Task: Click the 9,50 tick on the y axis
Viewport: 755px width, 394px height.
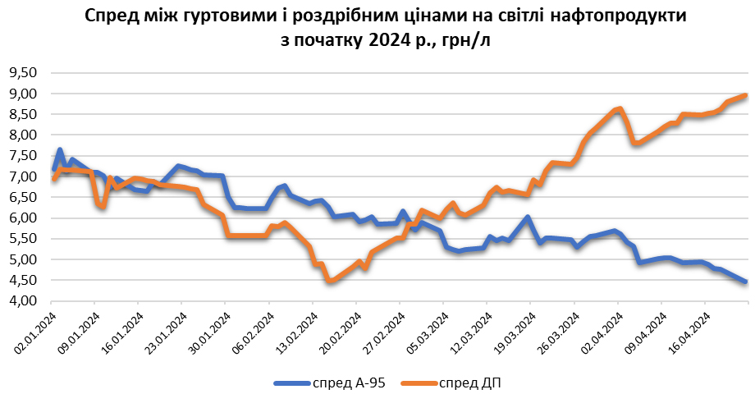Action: tap(24, 72)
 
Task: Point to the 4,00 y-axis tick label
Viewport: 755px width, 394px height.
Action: tap(24, 300)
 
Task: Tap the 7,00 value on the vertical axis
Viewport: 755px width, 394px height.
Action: tap(24, 176)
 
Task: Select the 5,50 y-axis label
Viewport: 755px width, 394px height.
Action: tap(24, 238)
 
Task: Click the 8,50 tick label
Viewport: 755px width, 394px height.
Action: tap(24, 114)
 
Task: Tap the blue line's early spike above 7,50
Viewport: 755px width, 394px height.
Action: tap(59, 150)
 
